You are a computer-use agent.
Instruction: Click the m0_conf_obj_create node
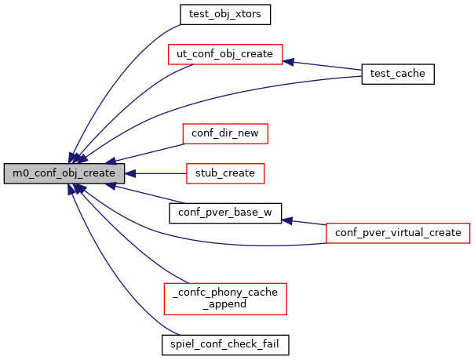click(x=64, y=173)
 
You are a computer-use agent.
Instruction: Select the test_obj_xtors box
click(x=225, y=14)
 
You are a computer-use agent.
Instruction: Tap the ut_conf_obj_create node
click(x=225, y=54)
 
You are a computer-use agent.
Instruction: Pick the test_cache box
click(x=397, y=74)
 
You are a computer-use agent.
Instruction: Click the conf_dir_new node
click(x=225, y=133)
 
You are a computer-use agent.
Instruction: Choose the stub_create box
click(x=225, y=173)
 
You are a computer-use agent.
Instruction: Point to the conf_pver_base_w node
click(x=225, y=213)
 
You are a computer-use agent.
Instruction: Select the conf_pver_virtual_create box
click(x=397, y=232)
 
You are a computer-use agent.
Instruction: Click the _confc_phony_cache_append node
click(x=225, y=296)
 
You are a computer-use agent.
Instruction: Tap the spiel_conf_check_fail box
click(x=225, y=343)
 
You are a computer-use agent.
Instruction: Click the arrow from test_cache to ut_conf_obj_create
click(x=326, y=65)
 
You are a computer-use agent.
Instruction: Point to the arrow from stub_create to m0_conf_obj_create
click(x=157, y=173)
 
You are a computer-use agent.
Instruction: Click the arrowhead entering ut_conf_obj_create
click(x=289, y=60)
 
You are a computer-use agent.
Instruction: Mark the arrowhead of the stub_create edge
click(x=130, y=173)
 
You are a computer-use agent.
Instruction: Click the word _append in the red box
click(x=225, y=304)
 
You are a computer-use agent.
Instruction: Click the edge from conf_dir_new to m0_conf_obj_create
click(x=149, y=152)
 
